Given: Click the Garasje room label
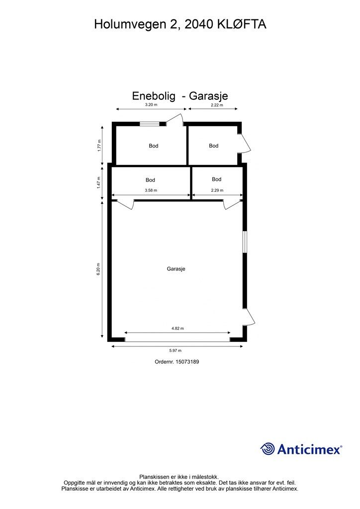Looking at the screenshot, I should click(176, 268).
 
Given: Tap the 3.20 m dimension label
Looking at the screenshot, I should click(151, 105).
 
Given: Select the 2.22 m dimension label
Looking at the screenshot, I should click(217, 105).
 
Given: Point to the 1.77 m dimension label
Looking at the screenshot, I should click(99, 145).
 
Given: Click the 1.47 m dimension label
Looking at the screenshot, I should click(99, 183).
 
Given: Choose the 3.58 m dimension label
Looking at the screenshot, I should click(151, 190).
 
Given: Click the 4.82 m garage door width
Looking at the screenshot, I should click(178, 329).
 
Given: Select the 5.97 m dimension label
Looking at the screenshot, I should click(177, 350).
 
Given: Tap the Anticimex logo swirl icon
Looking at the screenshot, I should click(268, 449).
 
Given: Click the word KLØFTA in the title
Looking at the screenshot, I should click(242, 24).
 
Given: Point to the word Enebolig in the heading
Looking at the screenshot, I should click(154, 96).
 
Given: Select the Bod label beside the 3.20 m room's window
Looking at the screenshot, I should click(154, 146).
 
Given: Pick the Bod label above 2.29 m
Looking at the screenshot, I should click(216, 179).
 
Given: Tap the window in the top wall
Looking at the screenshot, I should click(149, 124).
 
